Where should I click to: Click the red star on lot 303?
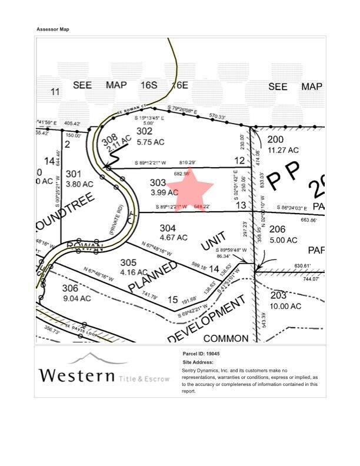coord(190,189)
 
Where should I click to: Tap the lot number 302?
coord(145,131)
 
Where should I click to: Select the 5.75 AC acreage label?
coord(150,142)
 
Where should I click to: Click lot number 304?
coord(167,227)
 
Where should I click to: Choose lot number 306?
coord(69,288)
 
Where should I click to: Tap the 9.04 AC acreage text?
coord(76,298)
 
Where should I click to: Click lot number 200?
coord(275,139)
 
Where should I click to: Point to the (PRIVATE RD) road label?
coord(115,220)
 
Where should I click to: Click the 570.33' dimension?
coord(217,116)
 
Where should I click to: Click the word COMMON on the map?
coord(226,338)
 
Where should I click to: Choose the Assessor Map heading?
coord(53,29)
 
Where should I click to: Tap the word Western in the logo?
coord(75,374)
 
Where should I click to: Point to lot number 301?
coord(74,174)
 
